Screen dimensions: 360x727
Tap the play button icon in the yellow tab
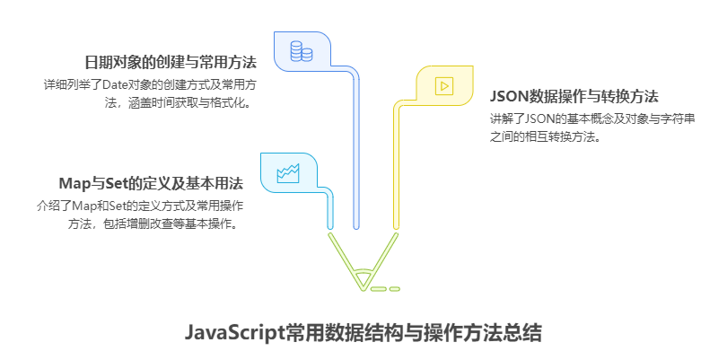[x=443, y=86]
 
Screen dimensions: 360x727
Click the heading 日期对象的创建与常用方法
[x=171, y=63]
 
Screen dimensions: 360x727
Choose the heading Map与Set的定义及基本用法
[x=151, y=183]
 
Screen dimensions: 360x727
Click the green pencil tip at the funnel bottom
[x=363, y=283]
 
